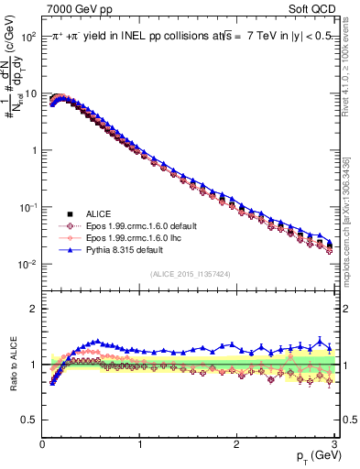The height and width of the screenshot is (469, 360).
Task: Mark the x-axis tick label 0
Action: point(42,443)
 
